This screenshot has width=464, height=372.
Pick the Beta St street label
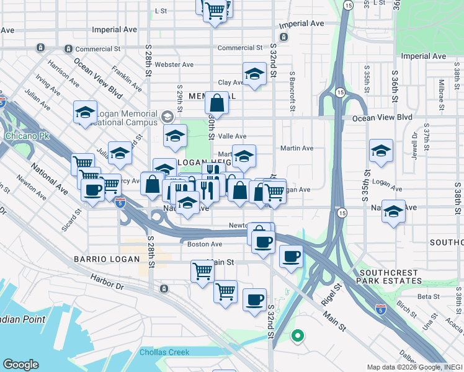tap(428, 296)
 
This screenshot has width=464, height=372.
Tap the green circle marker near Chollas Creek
tap(298, 336)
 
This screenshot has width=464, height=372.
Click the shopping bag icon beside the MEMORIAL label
tap(217, 102)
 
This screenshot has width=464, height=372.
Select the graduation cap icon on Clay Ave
tap(254, 74)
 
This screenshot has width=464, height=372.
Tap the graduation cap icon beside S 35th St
tap(381, 150)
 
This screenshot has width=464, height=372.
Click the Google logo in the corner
tap(20, 365)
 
